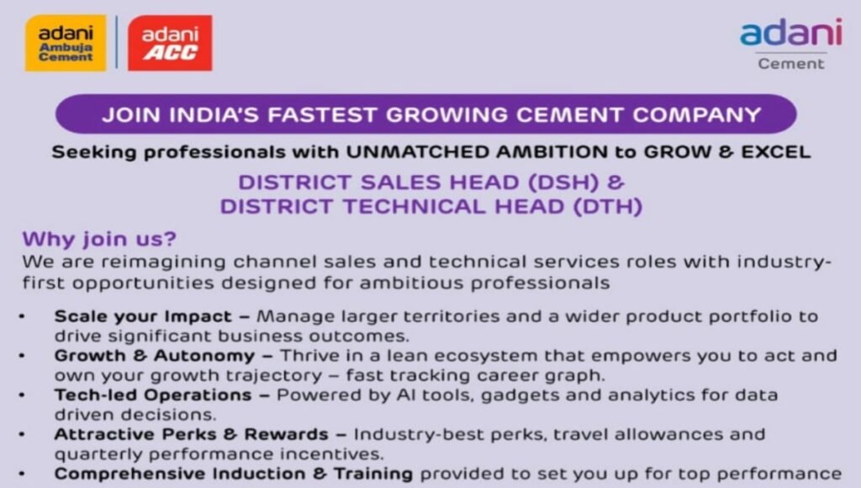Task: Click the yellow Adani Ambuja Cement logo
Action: [66, 43]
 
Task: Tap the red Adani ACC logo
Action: [169, 43]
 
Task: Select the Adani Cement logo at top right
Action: [790, 42]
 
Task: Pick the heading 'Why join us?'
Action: [99, 239]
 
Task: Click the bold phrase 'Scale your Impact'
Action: [142, 317]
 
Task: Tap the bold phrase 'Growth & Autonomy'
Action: [154, 356]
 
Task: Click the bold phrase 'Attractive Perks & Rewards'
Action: [191, 434]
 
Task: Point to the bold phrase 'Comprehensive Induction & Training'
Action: [233, 473]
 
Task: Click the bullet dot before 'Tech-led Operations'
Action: [23, 395]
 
